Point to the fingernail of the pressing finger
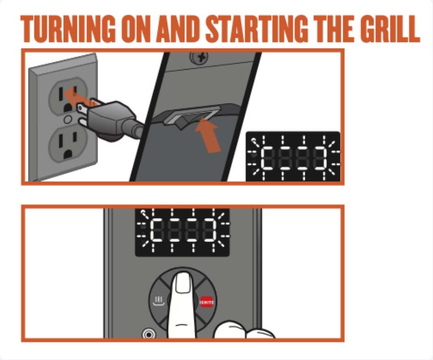pos(184,284)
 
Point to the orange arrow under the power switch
pos(209,135)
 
